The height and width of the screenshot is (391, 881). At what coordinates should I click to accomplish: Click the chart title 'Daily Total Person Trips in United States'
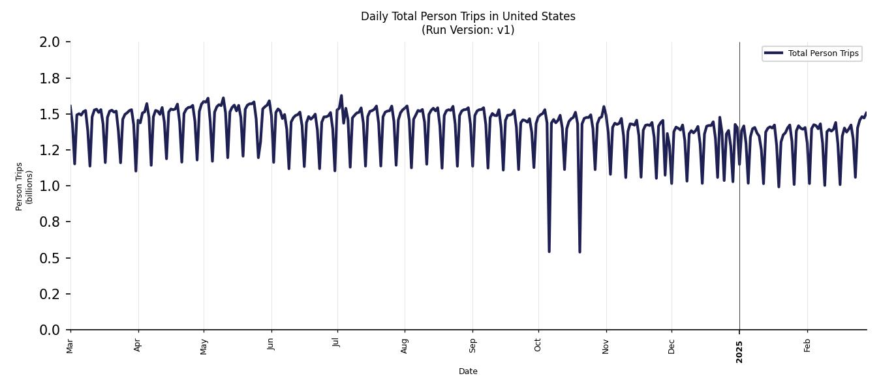[468, 16]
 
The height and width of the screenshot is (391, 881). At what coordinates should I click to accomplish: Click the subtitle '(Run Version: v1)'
[468, 30]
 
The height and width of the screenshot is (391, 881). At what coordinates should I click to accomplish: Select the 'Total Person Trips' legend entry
[822, 53]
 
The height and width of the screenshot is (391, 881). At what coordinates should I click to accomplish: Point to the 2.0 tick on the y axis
[50, 42]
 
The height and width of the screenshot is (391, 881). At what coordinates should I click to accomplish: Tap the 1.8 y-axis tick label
[50, 78]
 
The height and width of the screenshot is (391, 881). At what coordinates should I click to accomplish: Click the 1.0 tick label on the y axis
[50, 186]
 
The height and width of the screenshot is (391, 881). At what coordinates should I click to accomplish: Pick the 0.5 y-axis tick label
[50, 258]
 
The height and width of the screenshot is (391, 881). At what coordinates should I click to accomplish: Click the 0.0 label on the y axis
[50, 330]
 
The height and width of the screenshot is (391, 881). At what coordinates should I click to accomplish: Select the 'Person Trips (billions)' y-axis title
[24, 186]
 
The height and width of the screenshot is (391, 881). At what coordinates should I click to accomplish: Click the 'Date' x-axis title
[468, 371]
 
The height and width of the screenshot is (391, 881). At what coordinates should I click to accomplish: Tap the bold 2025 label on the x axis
[739, 352]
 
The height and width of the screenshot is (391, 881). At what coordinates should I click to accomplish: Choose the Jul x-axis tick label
[337, 344]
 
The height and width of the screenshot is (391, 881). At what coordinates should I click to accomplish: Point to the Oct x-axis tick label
[538, 345]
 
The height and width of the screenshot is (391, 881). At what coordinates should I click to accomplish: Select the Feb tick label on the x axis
[807, 345]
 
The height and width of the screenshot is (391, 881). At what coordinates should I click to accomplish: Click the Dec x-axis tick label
[672, 345]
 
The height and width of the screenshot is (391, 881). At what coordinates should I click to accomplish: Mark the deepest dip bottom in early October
[549, 252]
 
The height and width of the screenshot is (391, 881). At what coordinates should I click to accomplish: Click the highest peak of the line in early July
[341, 96]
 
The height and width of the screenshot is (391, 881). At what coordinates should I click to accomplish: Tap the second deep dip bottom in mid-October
[580, 252]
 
